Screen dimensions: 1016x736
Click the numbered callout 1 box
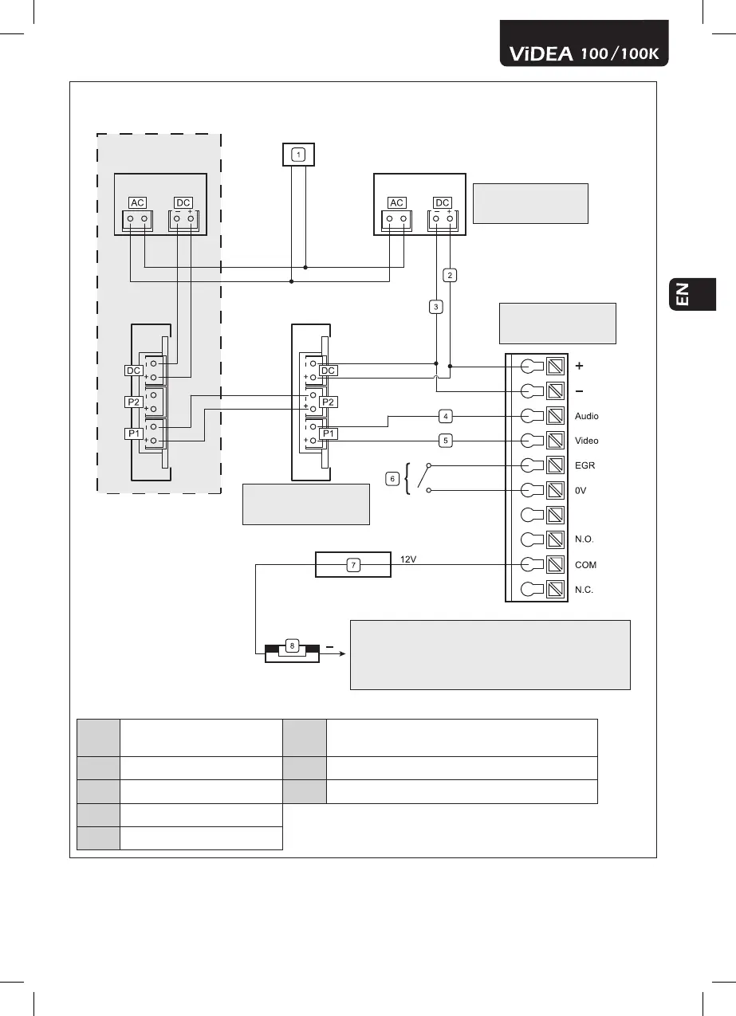(x=297, y=155)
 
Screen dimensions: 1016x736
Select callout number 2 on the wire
(x=451, y=276)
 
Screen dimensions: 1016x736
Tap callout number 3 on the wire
(x=435, y=306)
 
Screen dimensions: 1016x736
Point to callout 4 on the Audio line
(x=447, y=415)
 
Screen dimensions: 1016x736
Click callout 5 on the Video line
(x=447, y=439)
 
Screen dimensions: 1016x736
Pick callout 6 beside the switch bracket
(x=392, y=478)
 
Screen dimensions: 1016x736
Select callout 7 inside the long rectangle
(x=354, y=565)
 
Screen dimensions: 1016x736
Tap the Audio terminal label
(x=586, y=416)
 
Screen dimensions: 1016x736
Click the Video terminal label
(x=586, y=441)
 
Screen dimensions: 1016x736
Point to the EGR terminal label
(x=584, y=465)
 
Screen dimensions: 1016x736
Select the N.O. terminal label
(x=584, y=539)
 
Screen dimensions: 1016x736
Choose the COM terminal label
(x=585, y=564)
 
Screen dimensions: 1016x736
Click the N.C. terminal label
(x=584, y=590)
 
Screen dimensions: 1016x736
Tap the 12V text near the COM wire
(x=409, y=559)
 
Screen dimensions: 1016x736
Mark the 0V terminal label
(x=581, y=490)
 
